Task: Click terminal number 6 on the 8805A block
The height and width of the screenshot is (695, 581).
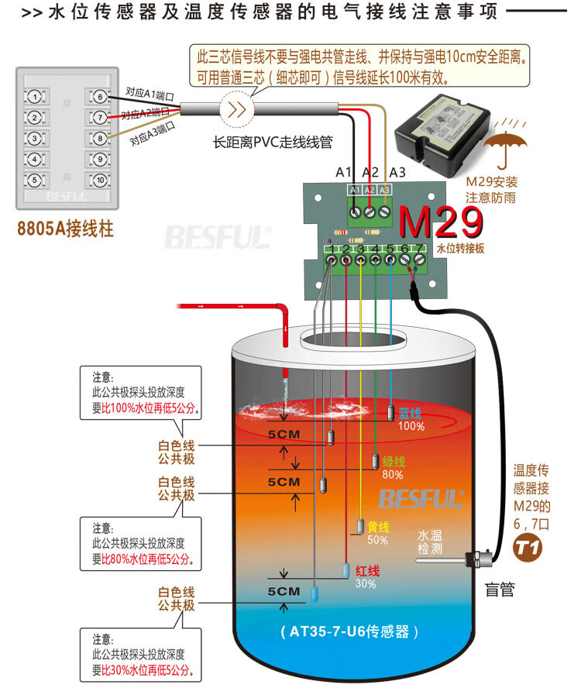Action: (x=98, y=97)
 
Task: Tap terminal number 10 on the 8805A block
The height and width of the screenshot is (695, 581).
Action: (x=98, y=180)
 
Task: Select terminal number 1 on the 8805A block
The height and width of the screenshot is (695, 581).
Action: (x=34, y=97)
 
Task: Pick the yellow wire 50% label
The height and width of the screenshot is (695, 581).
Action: (x=377, y=533)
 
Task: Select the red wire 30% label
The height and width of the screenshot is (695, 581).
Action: (x=366, y=577)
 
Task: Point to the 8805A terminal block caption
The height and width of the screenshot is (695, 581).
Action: (x=65, y=230)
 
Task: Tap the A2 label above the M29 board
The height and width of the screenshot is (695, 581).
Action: (x=370, y=172)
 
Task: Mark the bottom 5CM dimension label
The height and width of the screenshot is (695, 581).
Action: (x=284, y=591)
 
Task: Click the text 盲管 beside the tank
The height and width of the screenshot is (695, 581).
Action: (x=500, y=590)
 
